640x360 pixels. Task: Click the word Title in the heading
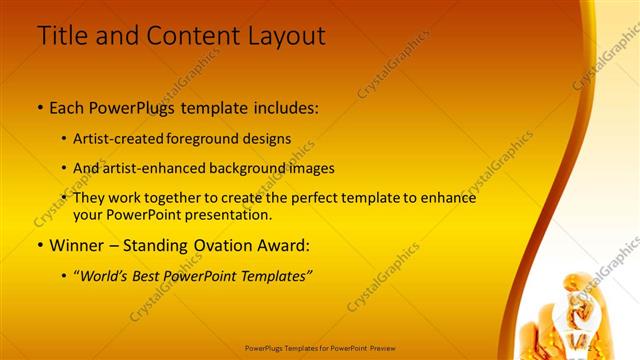pos(62,36)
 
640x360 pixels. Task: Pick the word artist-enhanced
pos(150,168)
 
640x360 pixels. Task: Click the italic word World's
pos(108,275)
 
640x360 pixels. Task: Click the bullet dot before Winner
pos(39,245)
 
